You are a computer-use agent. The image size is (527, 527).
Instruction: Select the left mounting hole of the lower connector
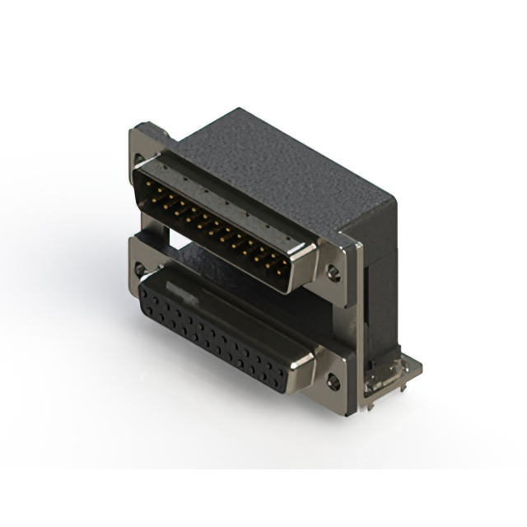click(139, 268)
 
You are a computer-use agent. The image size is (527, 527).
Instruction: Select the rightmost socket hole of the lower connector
click(281, 380)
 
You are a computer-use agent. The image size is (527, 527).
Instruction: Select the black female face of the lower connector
click(214, 333)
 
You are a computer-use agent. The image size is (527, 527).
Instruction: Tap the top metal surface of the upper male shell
click(231, 198)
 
